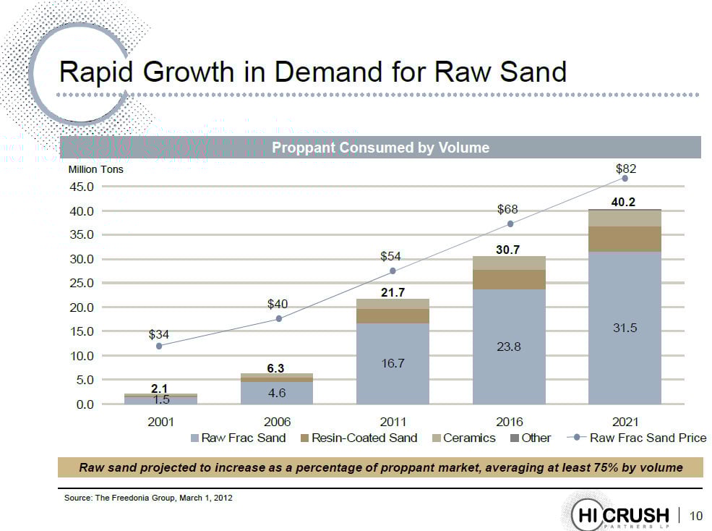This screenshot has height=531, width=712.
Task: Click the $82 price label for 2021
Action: pyautogui.click(x=625, y=169)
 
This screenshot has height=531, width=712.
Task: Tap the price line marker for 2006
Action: pyautogui.click(x=279, y=319)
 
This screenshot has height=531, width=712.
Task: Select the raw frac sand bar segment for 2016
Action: pyautogui.click(x=509, y=347)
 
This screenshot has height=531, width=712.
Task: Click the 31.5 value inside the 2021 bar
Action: pyautogui.click(x=625, y=328)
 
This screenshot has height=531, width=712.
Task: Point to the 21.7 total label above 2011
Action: pyautogui.click(x=393, y=292)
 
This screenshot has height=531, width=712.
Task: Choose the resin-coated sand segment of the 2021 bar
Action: pyautogui.click(x=625, y=239)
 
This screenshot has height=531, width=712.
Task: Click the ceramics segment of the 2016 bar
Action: pyautogui.click(x=509, y=263)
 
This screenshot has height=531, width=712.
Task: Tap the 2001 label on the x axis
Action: pyautogui.click(x=160, y=422)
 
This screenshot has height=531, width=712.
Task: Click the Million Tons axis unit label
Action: pyautogui.click(x=97, y=169)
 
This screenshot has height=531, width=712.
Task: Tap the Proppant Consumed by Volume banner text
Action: pyautogui.click(x=380, y=148)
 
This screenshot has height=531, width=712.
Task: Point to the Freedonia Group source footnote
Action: pyautogui.click(x=148, y=498)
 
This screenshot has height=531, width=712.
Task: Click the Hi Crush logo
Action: pyautogui.click(x=622, y=514)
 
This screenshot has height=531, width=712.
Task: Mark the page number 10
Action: pyautogui.click(x=696, y=515)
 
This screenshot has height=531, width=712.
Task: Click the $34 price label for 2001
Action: pyautogui.click(x=158, y=334)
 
